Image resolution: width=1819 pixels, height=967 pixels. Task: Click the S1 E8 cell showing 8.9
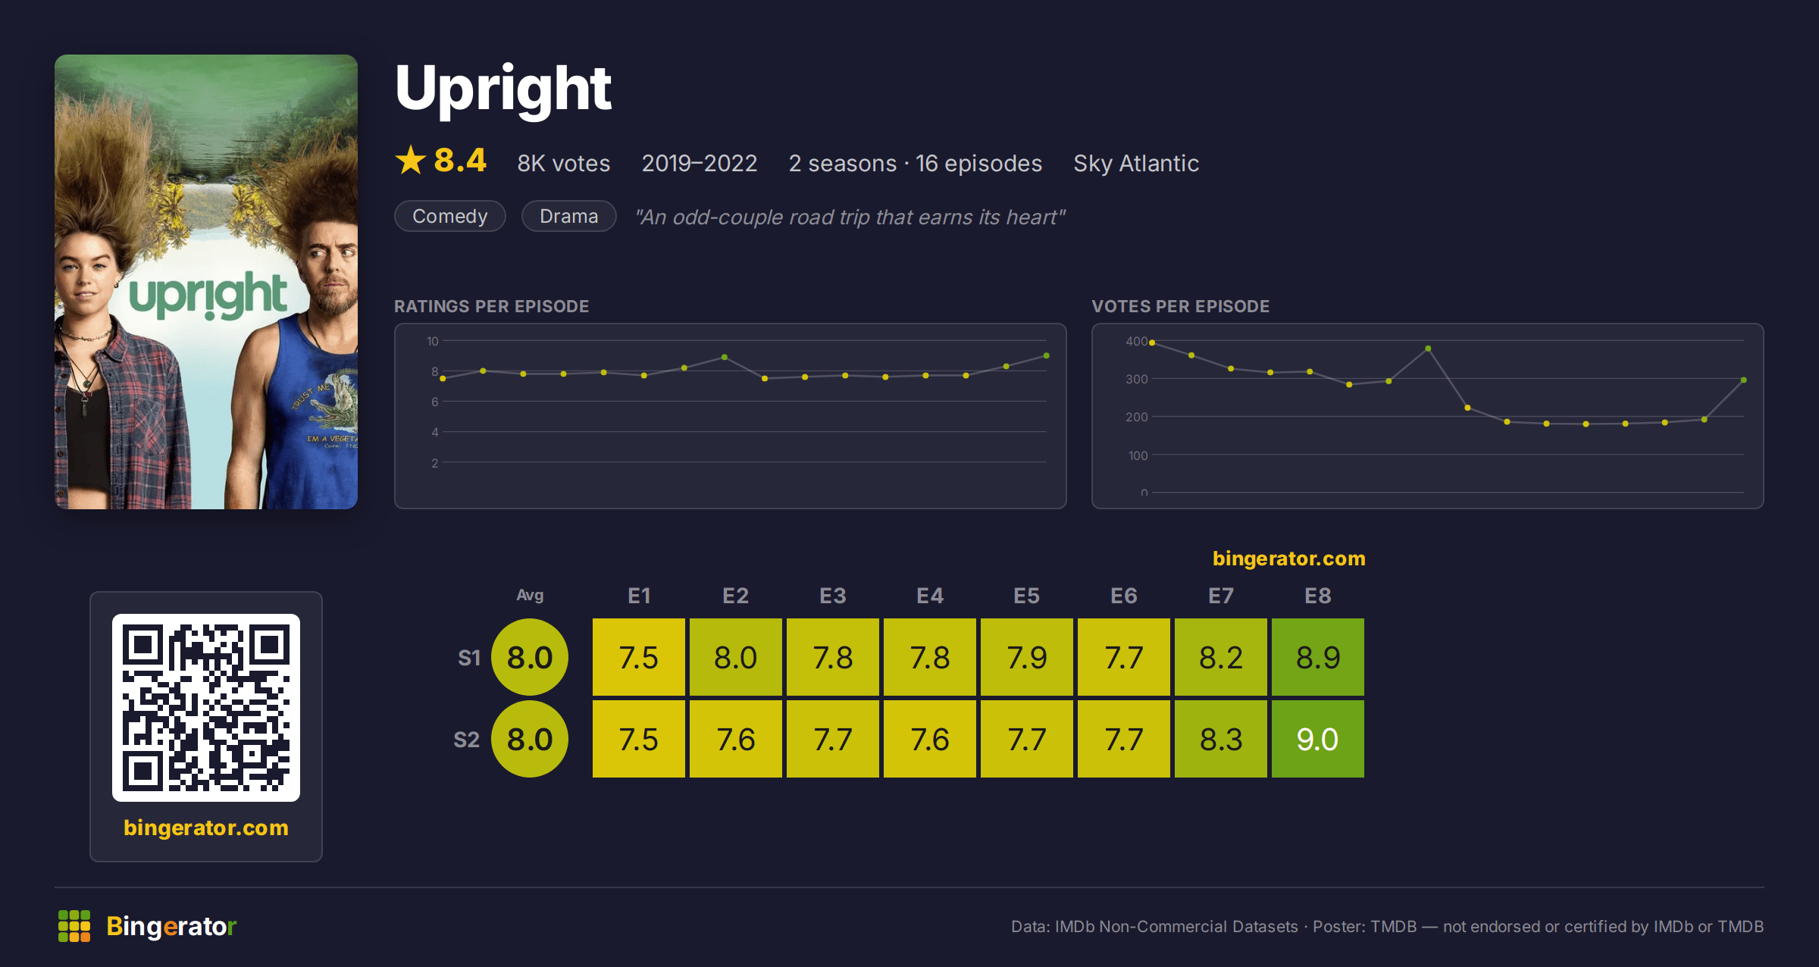coord(1317,657)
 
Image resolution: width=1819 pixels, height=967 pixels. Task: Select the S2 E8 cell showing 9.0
coord(1317,739)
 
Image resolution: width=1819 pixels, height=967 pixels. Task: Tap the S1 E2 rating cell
coord(735,657)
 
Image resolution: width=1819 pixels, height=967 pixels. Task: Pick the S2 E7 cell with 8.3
coord(1220,739)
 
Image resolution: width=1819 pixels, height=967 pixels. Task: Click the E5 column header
coord(1026,596)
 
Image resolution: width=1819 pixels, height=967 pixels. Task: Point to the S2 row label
coord(466,740)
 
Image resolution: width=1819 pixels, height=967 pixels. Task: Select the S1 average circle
coord(530,657)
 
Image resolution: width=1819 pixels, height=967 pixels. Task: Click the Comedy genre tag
coord(450,216)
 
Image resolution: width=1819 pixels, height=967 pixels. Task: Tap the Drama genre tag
coord(568,216)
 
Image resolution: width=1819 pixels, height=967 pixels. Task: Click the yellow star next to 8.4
coord(411,160)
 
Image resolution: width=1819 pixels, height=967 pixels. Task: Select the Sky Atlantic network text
coord(1136,163)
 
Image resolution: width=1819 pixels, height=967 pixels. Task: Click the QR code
coord(206,708)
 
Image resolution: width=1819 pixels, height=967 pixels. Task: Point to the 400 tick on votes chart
coord(1136,341)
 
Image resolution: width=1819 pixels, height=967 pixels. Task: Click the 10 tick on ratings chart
coord(432,341)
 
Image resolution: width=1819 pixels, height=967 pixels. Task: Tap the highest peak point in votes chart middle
coord(1428,349)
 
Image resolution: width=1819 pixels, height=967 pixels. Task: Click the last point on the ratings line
coord(1046,355)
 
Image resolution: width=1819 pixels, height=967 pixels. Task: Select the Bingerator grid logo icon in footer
coord(74,926)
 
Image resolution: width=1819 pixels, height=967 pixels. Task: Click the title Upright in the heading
coord(503,89)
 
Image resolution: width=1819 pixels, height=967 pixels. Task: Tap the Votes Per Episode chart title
coord(1180,306)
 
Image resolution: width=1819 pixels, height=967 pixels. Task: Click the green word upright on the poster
coord(208,295)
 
